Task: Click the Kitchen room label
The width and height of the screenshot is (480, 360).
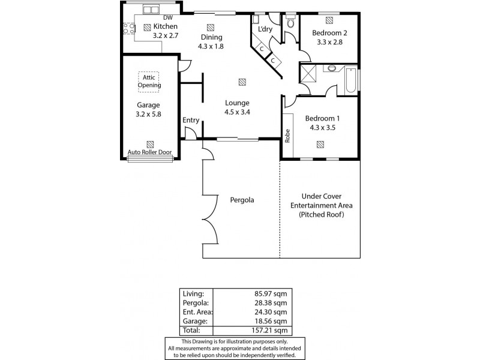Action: click(166, 26)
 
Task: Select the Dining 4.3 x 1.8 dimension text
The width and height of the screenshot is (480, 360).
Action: click(211, 46)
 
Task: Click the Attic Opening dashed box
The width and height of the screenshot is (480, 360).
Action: click(149, 80)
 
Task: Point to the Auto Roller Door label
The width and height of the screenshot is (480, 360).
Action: click(150, 152)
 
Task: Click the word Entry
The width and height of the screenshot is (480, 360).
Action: click(191, 121)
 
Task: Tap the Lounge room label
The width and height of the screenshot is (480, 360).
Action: click(237, 103)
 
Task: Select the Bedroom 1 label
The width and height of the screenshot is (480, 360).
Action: click(322, 118)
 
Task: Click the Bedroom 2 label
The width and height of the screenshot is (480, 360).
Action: click(329, 33)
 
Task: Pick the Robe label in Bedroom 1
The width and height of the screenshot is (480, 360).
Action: click(288, 136)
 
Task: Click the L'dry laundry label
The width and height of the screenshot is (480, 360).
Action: click(265, 29)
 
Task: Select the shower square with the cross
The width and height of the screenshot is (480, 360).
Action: click(310, 74)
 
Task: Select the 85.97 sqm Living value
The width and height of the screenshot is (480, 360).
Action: click(273, 293)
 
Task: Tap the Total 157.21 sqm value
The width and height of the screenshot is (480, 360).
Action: click(273, 330)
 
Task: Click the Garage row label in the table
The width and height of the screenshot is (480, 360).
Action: click(194, 321)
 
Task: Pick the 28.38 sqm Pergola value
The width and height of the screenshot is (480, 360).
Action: click(273, 303)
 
